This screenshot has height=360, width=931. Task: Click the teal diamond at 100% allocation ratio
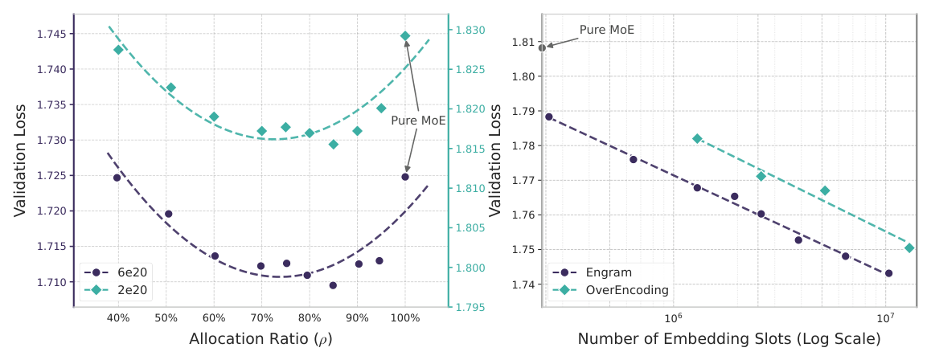(405, 36)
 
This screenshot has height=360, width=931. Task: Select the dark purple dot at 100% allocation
(405, 177)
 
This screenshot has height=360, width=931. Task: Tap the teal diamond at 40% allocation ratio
(118, 50)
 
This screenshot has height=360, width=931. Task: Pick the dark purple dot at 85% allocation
(333, 285)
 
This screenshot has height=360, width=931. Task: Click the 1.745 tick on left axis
(55, 34)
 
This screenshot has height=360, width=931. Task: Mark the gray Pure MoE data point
(542, 47)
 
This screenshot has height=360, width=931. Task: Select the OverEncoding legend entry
(611, 291)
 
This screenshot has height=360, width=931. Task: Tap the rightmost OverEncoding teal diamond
(909, 248)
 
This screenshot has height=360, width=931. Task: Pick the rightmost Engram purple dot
(889, 273)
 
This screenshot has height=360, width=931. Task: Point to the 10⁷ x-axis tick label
(884, 318)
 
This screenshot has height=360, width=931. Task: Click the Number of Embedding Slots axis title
(728, 339)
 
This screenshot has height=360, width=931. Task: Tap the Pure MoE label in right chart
(607, 29)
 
